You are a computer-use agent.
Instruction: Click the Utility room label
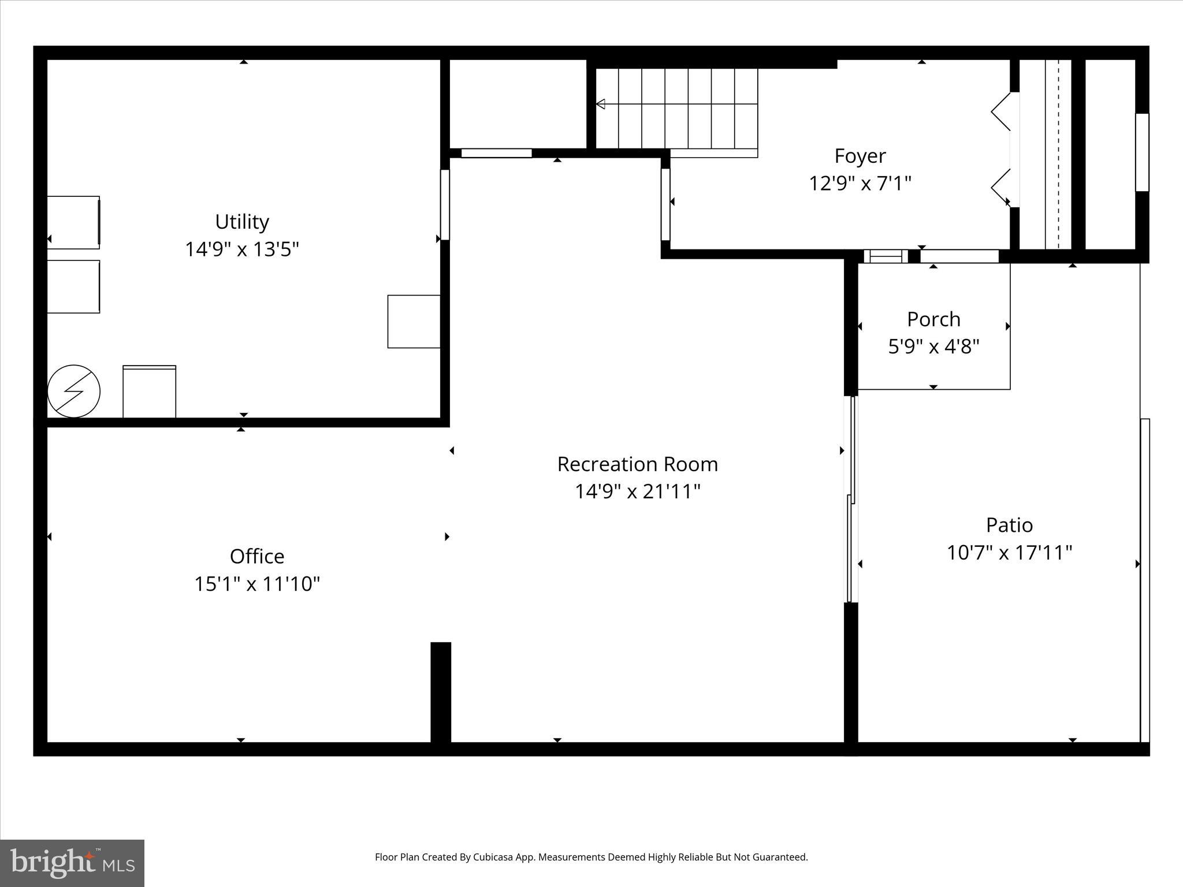[242, 222]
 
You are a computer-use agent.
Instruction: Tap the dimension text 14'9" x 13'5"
[242, 249]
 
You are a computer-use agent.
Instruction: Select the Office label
[257, 556]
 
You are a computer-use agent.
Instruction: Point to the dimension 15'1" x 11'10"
[257, 584]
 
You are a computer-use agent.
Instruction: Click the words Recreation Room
[637, 464]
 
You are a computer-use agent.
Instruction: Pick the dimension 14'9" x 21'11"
[637, 491]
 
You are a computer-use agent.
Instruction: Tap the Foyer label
[860, 156]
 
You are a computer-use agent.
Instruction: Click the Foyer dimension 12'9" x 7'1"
[860, 184]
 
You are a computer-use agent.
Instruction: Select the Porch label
[933, 319]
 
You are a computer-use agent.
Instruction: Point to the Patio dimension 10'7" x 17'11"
[1009, 553]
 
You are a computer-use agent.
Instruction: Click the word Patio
[1009, 525]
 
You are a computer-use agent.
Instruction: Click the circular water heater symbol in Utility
[74, 391]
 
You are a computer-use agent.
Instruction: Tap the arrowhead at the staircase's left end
[600, 104]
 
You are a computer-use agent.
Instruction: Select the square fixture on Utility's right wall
[414, 322]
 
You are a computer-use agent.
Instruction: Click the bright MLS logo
[72, 863]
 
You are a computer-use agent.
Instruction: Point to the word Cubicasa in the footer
[494, 857]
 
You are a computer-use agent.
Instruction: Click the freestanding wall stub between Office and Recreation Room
[441, 692]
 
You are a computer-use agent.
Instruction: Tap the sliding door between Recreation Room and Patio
[851, 500]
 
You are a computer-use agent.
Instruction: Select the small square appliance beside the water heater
[149, 392]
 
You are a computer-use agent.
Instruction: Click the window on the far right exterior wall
[1142, 152]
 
